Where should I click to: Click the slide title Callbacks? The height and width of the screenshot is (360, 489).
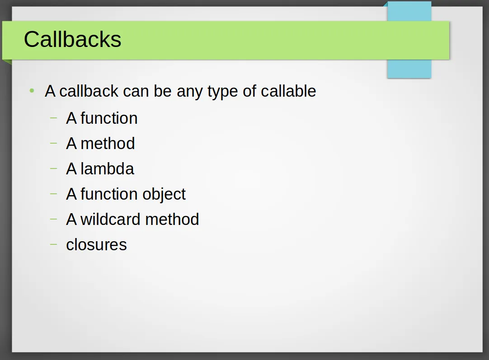click(x=72, y=39)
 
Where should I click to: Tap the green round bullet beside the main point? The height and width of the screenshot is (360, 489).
click(x=32, y=91)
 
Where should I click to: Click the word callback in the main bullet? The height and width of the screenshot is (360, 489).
click(x=89, y=91)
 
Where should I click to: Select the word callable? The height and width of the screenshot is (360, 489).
click(x=288, y=91)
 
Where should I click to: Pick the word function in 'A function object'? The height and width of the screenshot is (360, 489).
click(x=109, y=194)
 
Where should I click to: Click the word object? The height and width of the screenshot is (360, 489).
click(x=164, y=195)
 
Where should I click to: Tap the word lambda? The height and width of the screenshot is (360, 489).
click(x=107, y=168)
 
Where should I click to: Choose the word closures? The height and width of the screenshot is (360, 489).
click(x=96, y=245)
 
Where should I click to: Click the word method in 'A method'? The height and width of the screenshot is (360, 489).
click(x=108, y=143)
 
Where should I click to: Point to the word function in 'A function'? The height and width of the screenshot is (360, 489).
click(x=109, y=118)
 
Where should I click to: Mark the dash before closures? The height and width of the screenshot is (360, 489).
click(x=53, y=244)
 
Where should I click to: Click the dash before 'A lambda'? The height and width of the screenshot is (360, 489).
click(x=53, y=168)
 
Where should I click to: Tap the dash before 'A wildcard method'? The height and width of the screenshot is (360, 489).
click(x=53, y=219)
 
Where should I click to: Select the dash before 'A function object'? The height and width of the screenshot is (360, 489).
click(x=53, y=194)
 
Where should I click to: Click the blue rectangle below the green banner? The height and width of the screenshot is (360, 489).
click(x=409, y=69)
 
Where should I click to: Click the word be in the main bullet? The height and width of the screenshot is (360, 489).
click(x=163, y=91)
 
